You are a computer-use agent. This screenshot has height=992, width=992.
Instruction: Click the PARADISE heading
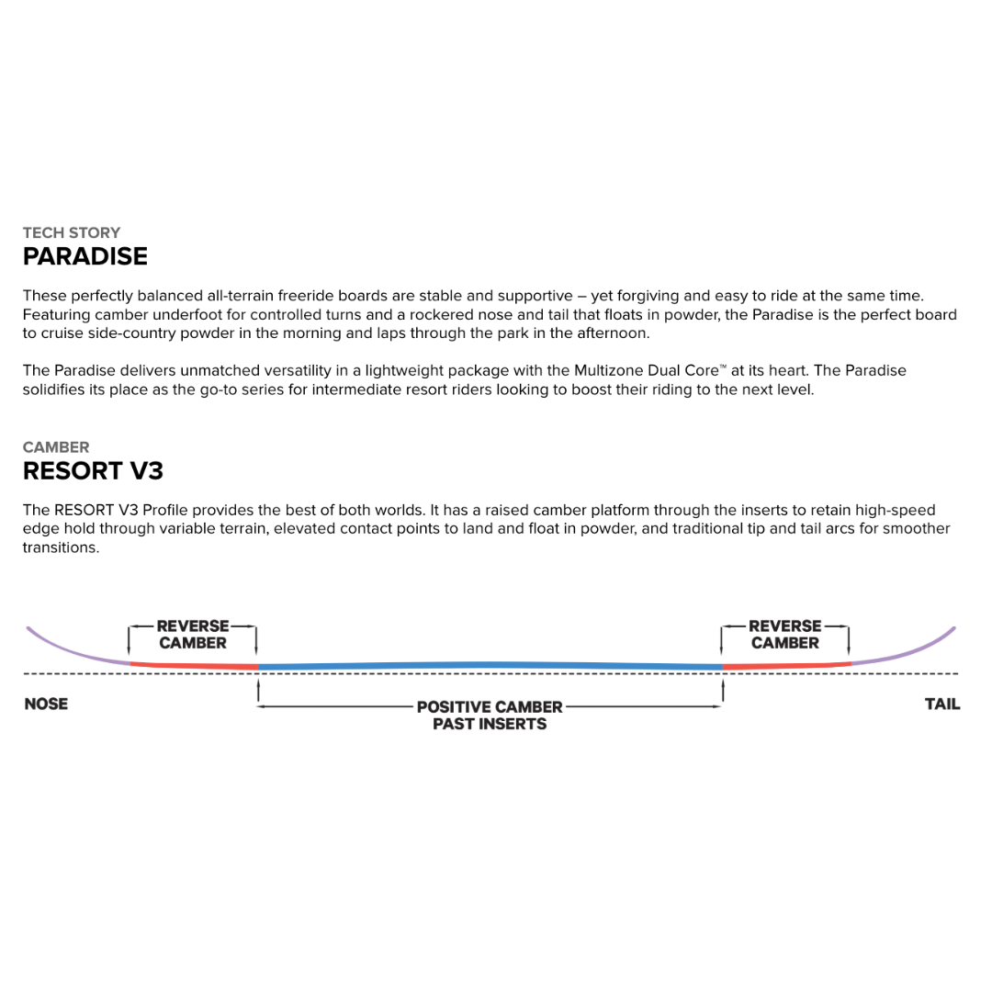85,256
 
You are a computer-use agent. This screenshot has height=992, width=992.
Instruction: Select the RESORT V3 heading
93,471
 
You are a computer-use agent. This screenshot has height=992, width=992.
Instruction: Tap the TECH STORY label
72,232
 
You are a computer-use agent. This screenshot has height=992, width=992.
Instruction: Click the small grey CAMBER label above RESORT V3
56,447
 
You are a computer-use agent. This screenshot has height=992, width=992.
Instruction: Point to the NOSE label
46,705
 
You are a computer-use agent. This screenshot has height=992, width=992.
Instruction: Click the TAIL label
942,705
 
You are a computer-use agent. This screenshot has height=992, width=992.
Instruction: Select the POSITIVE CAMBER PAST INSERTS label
490,716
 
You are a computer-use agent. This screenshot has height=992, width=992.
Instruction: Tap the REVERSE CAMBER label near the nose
193,635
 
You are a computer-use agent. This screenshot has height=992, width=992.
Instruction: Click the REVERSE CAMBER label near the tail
784,635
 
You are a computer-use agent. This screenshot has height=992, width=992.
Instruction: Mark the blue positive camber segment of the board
490,664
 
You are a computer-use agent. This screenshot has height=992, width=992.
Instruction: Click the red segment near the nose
193,664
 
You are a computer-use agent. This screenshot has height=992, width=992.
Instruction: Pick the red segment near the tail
786,664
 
